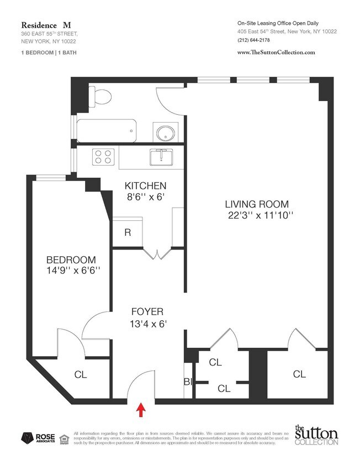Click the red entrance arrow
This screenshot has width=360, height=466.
click(x=141, y=410)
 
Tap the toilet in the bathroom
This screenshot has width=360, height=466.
click(x=100, y=97)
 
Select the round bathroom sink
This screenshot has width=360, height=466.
click(x=166, y=133)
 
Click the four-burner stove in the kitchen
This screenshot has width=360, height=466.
click(x=103, y=157)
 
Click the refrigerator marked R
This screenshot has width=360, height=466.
click(x=128, y=232)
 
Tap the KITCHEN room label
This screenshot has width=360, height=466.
click(x=145, y=186)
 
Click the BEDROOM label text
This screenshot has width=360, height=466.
click(x=71, y=260)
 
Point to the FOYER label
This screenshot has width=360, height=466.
click(x=147, y=311)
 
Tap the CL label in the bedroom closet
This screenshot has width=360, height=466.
click(x=81, y=374)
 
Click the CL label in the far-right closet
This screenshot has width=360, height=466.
click(x=299, y=374)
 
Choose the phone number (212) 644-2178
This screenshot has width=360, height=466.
click(x=253, y=40)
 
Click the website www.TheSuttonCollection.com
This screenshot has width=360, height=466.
click(x=276, y=52)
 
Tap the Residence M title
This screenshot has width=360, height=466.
click(x=46, y=25)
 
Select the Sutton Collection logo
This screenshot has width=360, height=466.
click(x=315, y=436)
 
